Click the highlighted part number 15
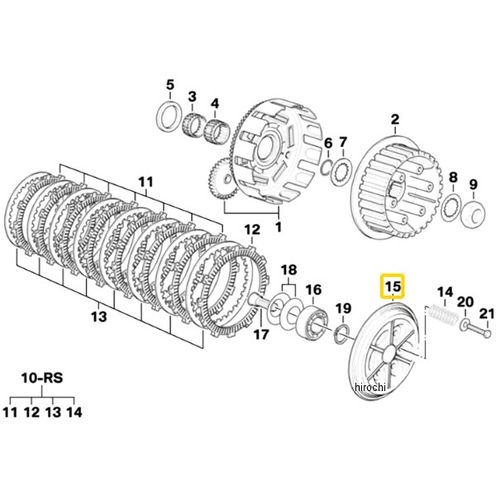[x=392, y=287]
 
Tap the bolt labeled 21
[x=477, y=331]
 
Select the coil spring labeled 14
[x=443, y=316]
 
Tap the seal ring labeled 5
[x=169, y=116]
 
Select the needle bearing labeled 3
[x=193, y=126]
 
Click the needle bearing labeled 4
[x=215, y=131]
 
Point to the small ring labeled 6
[x=327, y=167]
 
